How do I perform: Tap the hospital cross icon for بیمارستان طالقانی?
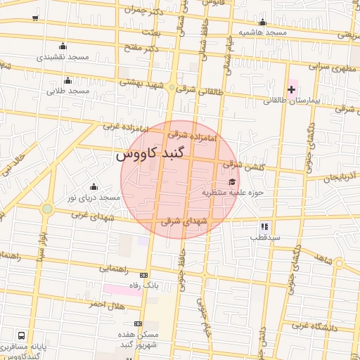point(291,89)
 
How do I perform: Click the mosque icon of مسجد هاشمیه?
point(262,22)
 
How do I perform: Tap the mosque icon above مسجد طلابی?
point(67,80)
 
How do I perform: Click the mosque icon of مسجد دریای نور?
point(94,186)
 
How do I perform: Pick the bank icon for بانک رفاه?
point(144,275)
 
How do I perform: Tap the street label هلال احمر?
point(106,304)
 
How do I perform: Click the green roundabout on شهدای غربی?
point(47,209)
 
